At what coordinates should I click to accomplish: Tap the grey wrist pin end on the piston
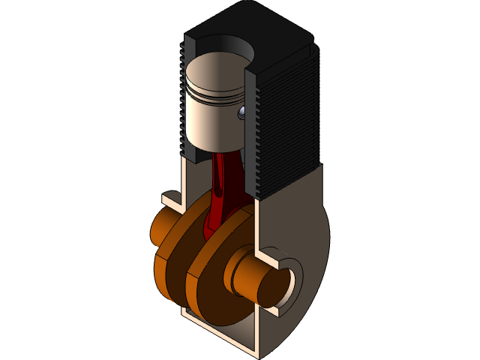pos(241,113)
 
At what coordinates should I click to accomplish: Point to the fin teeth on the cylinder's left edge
pos(182,97)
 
